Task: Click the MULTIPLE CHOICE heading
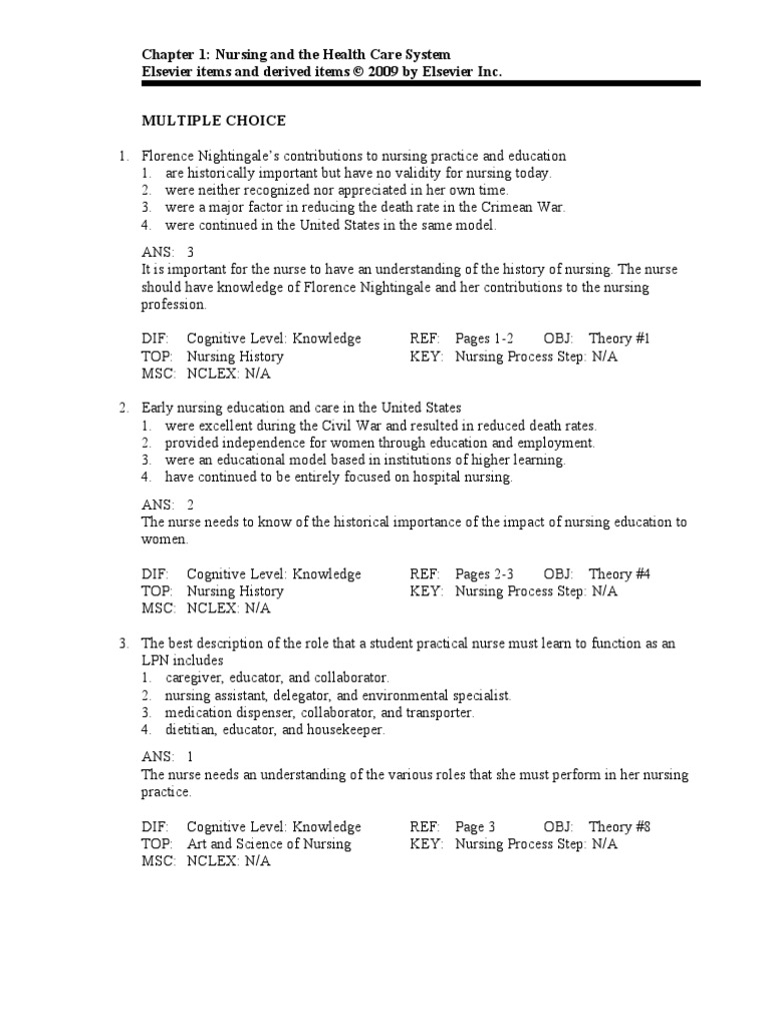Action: [x=213, y=121]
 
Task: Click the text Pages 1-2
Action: [x=485, y=339]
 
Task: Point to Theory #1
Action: [x=619, y=339]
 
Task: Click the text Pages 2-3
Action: [x=485, y=574]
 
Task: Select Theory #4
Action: [x=619, y=574]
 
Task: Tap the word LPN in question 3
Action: [x=155, y=660]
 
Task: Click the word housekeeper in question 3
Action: [x=344, y=729]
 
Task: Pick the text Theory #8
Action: [x=619, y=827]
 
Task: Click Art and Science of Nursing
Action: [x=269, y=844]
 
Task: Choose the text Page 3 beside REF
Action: [x=475, y=827]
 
